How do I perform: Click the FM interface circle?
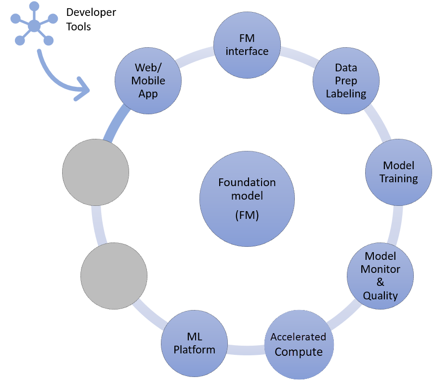pos(247,45)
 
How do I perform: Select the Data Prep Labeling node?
pos(346,81)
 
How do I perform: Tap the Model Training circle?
pos(398,172)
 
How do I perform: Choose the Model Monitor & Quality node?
pos(380,276)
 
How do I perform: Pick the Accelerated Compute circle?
pos(298,344)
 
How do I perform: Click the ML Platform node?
pos(194,343)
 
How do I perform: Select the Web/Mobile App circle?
pos(148,81)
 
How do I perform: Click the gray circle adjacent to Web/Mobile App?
pos(96,172)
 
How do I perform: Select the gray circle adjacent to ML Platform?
pos(114,275)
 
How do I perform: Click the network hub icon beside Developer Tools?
pos(34,25)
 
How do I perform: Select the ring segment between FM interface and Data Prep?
pos(297,54)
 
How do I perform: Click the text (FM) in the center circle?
pos(247,216)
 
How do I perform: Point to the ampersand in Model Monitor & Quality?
pos(380,282)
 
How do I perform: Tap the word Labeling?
pos(346,94)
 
